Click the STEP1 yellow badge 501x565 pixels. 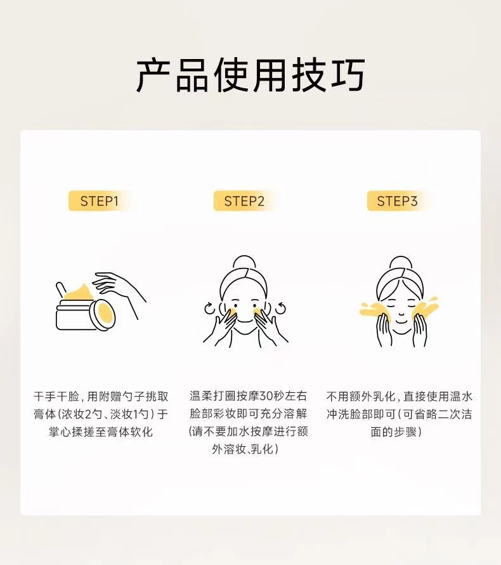pyautogui.click(x=100, y=201)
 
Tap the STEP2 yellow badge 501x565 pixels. pyautogui.click(x=244, y=201)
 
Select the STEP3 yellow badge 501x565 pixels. pyautogui.click(x=398, y=201)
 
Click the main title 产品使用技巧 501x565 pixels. pyautogui.click(x=251, y=76)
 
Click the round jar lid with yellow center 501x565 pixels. pyautogui.click(x=103, y=314)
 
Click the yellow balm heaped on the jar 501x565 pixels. pyautogui.click(x=79, y=293)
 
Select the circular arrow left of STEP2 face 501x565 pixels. pyautogui.click(x=209, y=309)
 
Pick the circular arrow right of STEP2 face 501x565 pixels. pyautogui.click(x=280, y=309)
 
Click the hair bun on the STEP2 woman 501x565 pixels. pyautogui.click(x=244, y=262)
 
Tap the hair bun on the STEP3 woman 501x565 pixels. pyautogui.click(x=400, y=262)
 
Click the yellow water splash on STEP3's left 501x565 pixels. pyautogui.click(x=374, y=310)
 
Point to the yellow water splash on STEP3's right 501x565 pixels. pyautogui.click(x=426, y=309)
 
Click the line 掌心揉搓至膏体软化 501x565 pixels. pyautogui.click(x=101, y=432)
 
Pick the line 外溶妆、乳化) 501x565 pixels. pyautogui.click(x=245, y=449)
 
